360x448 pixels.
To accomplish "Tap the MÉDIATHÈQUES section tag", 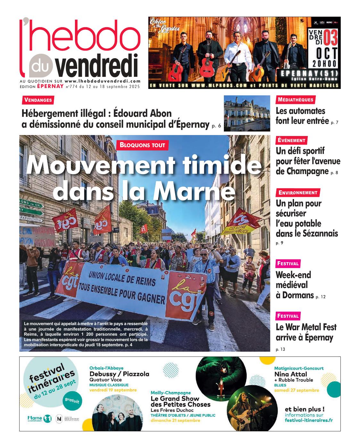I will tap(295, 100).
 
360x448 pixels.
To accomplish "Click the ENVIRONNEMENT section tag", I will tap(298, 193).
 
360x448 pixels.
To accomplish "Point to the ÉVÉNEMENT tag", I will tap(291, 140).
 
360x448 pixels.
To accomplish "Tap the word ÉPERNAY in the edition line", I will tap(50, 86).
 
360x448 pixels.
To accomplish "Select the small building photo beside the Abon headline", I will tap(247, 113).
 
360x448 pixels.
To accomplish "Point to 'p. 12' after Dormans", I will tap(320, 297).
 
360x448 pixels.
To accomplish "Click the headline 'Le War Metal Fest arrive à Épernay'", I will tap(306, 332).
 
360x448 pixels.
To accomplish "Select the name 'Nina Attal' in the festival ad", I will tap(290, 374).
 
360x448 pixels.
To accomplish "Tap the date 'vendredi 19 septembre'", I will tap(113, 390).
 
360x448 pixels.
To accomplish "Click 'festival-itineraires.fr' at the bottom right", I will tap(308, 420).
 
